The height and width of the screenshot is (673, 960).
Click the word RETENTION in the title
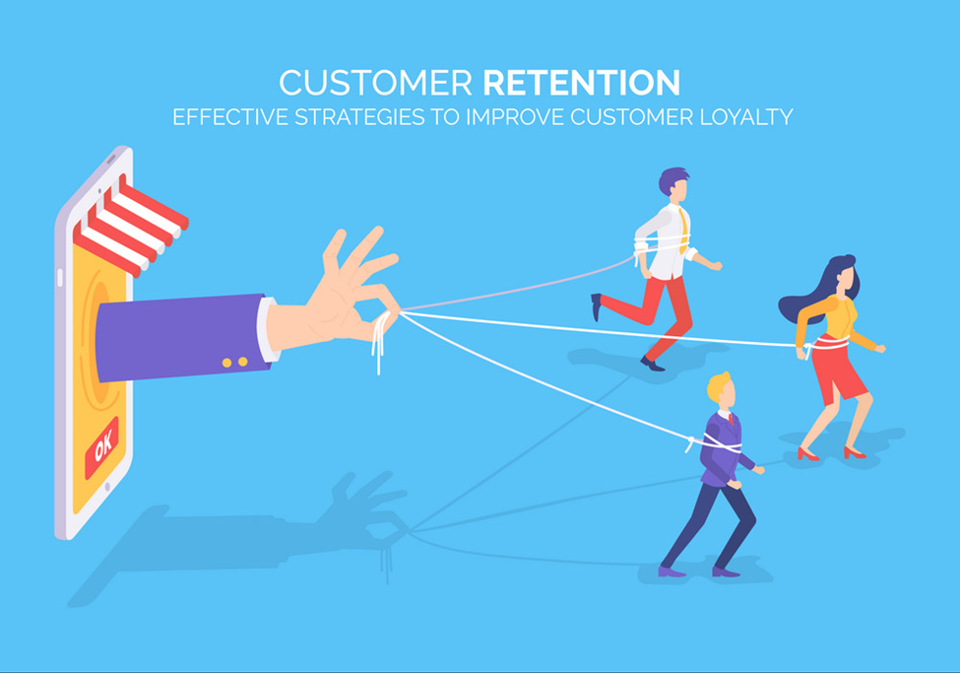[x=582, y=83]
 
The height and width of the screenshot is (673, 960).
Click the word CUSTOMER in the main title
[x=375, y=83]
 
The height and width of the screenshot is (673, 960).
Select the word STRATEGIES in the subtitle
[x=359, y=117]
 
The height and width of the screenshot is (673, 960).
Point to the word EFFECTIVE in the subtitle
[x=230, y=117]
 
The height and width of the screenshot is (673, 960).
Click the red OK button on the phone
[x=101, y=448]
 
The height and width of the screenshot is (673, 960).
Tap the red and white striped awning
[x=129, y=227]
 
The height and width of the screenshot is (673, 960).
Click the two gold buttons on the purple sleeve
[x=235, y=363]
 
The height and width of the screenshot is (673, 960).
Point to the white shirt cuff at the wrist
[x=268, y=329]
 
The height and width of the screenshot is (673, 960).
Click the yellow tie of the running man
[x=682, y=230]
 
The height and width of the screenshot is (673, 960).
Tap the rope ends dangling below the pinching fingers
[x=380, y=343]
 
